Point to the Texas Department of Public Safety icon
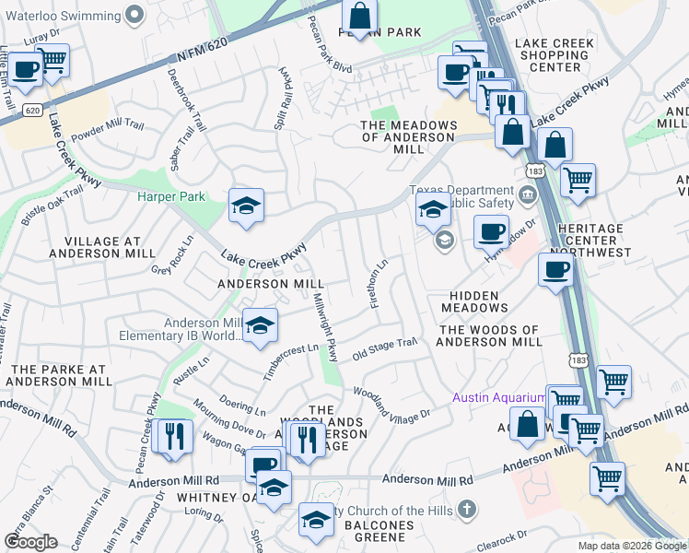[x=527, y=194]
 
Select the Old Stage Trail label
[x=385, y=347]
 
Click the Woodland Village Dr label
[x=391, y=404]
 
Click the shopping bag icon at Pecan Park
[x=359, y=16]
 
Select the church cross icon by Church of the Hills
[x=467, y=509]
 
